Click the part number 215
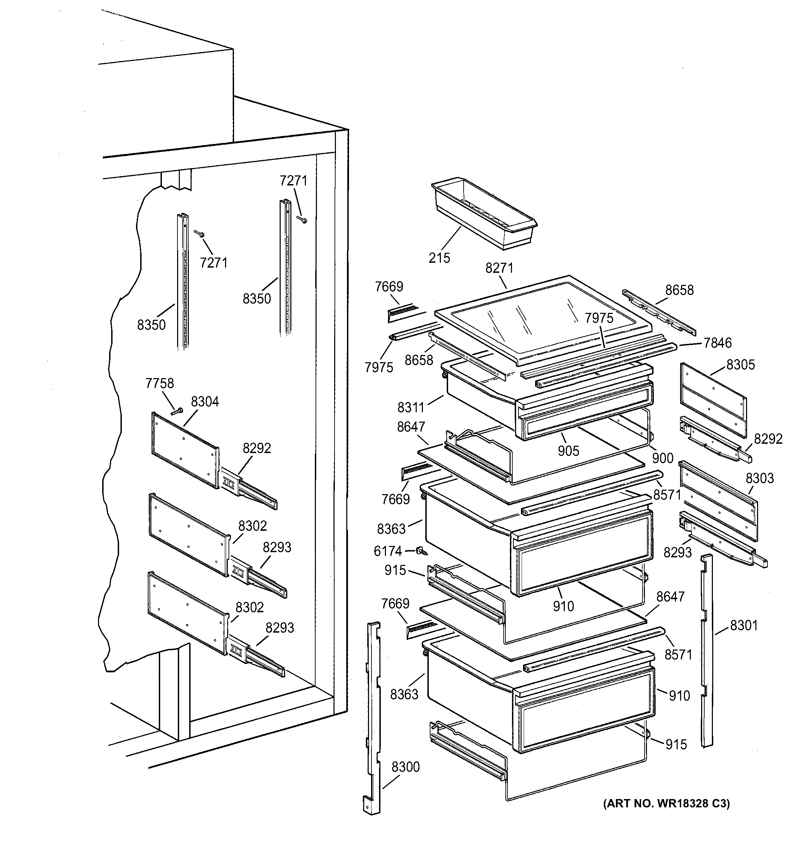439,258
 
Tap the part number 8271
499,268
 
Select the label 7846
717,343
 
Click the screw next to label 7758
177,412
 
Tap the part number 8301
744,625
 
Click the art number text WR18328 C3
666,804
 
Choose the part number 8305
740,365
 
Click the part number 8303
760,478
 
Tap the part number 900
662,458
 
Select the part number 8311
410,407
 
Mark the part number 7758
159,383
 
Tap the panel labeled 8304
185,450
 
